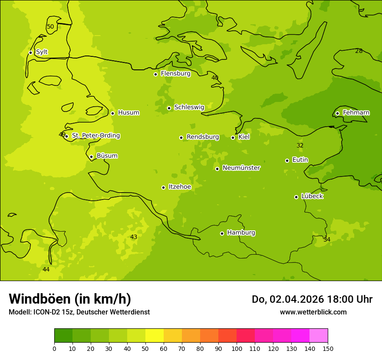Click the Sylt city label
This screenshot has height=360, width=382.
pyautogui.click(x=42, y=52)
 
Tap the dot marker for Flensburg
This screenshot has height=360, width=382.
pyautogui.click(x=155, y=74)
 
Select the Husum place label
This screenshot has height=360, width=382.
pyautogui.click(x=128, y=113)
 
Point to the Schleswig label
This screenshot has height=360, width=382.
pyautogui.click(x=189, y=107)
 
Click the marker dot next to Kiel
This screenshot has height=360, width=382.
pyautogui.click(x=233, y=137)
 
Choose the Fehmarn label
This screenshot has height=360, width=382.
pyautogui.click(x=356, y=113)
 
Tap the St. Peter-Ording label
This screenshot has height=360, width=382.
pyautogui.click(x=95, y=136)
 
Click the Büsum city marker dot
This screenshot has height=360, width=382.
pyautogui.click(x=91, y=157)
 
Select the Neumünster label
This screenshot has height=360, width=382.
pyautogui.click(x=241, y=168)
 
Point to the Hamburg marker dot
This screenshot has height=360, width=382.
pyautogui.click(x=222, y=233)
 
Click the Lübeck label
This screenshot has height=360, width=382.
pyautogui.click(x=312, y=196)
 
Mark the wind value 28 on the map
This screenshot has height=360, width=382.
pyautogui.click(x=359, y=51)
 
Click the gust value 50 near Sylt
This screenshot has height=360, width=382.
pyautogui.click(x=50, y=27)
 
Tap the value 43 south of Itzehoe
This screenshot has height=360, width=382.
pyautogui.click(x=134, y=237)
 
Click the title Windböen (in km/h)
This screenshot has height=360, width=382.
pyautogui.click(x=69, y=299)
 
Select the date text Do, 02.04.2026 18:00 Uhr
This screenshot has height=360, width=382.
pyautogui.click(x=312, y=299)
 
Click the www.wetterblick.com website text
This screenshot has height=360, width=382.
pyautogui.click(x=313, y=312)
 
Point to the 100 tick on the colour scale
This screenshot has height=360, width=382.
pyautogui.click(x=237, y=348)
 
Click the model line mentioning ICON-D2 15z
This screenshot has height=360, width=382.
pyautogui.click(x=79, y=312)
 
